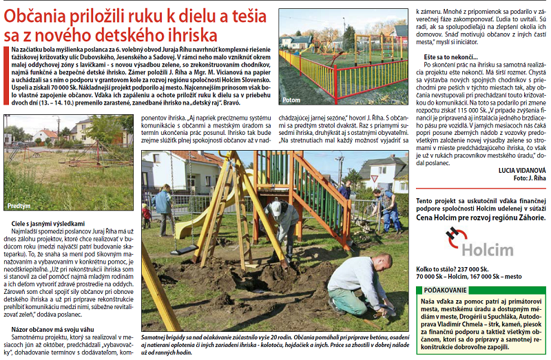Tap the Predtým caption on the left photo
coord(24,206)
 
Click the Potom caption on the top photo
coord(292,100)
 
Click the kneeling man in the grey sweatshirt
coord(358,284)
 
